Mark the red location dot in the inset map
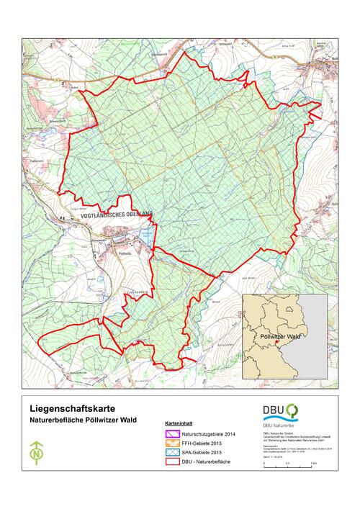(x=276, y=343)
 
